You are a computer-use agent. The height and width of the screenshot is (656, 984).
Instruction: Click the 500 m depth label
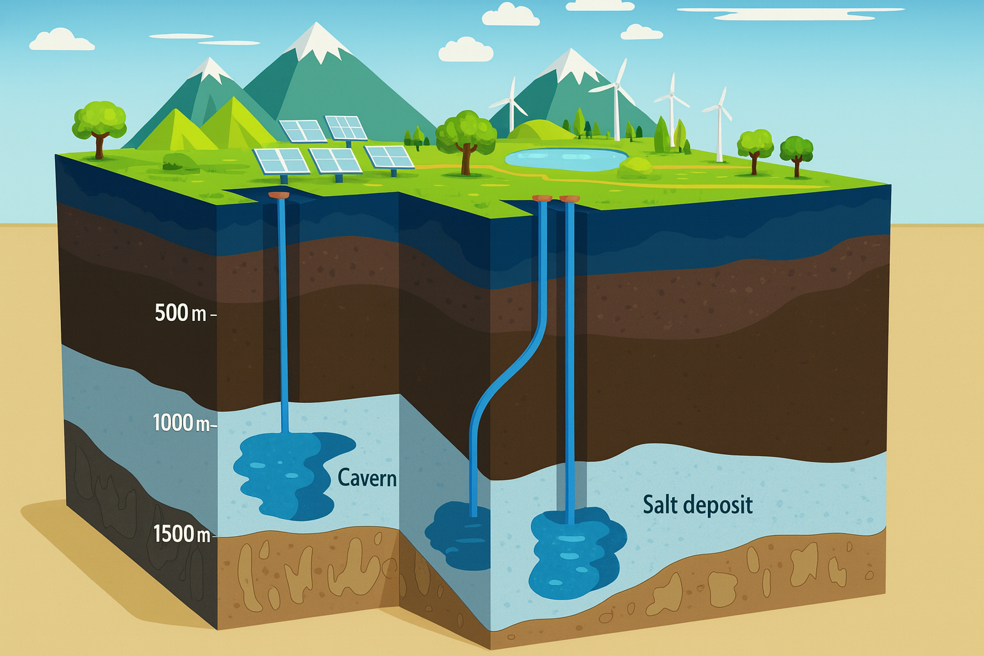(x=181, y=313)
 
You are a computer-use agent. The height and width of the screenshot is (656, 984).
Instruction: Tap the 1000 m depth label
(x=181, y=423)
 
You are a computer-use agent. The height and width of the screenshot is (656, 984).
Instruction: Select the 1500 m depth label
(x=181, y=534)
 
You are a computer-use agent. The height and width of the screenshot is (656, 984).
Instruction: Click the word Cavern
(x=366, y=478)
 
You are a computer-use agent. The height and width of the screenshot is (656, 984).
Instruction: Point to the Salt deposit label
(x=698, y=505)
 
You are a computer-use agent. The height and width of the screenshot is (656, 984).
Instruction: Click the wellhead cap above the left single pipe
(x=279, y=193)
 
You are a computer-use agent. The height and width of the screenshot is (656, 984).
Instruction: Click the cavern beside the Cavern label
(x=288, y=474)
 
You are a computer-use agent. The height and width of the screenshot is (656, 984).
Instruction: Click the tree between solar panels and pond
(x=466, y=138)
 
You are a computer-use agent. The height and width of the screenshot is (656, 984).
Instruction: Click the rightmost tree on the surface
(x=796, y=154)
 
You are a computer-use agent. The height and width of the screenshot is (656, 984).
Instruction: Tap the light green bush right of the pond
(x=635, y=168)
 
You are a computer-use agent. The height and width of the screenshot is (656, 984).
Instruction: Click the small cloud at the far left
(x=61, y=40)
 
